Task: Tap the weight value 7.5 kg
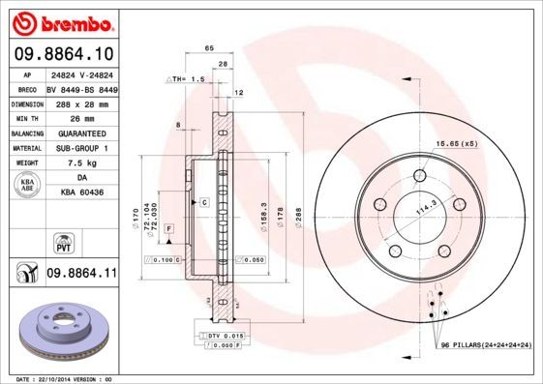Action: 76,163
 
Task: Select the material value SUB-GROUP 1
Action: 81,148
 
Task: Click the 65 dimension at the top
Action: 208,48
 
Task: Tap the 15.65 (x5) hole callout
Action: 456,143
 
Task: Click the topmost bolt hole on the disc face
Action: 419,175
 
